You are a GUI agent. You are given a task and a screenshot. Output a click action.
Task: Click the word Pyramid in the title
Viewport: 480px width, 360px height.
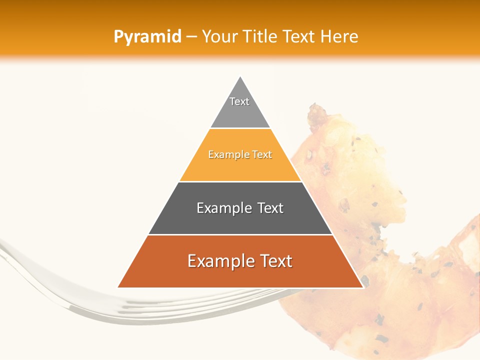pyautogui.click(x=147, y=37)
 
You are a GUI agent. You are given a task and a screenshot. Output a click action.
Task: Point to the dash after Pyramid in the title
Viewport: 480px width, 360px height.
pyautogui.click(x=191, y=37)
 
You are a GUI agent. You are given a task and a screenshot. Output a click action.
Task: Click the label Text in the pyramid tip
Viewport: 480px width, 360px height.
pyautogui.click(x=239, y=101)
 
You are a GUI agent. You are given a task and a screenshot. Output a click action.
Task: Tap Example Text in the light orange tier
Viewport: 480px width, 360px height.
pyautogui.click(x=240, y=155)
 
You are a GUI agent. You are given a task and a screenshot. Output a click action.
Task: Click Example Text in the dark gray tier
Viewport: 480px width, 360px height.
pyautogui.click(x=240, y=208)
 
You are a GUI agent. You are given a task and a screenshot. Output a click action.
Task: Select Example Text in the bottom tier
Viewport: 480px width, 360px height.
pyautogui.click(x=240, y=261)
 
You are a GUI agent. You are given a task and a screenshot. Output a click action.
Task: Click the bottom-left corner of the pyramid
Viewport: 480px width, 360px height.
pyautogui.click(x=118, y=287)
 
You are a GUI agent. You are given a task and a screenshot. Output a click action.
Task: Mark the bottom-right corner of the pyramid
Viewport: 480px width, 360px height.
pyautogui.click(x=363, y=287)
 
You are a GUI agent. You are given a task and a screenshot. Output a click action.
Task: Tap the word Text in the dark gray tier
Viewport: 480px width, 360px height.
pyautogui.click(x=269, y=208)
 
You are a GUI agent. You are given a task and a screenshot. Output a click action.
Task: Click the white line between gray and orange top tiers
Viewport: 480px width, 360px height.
pyautogui.click(x=240, y=128)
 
